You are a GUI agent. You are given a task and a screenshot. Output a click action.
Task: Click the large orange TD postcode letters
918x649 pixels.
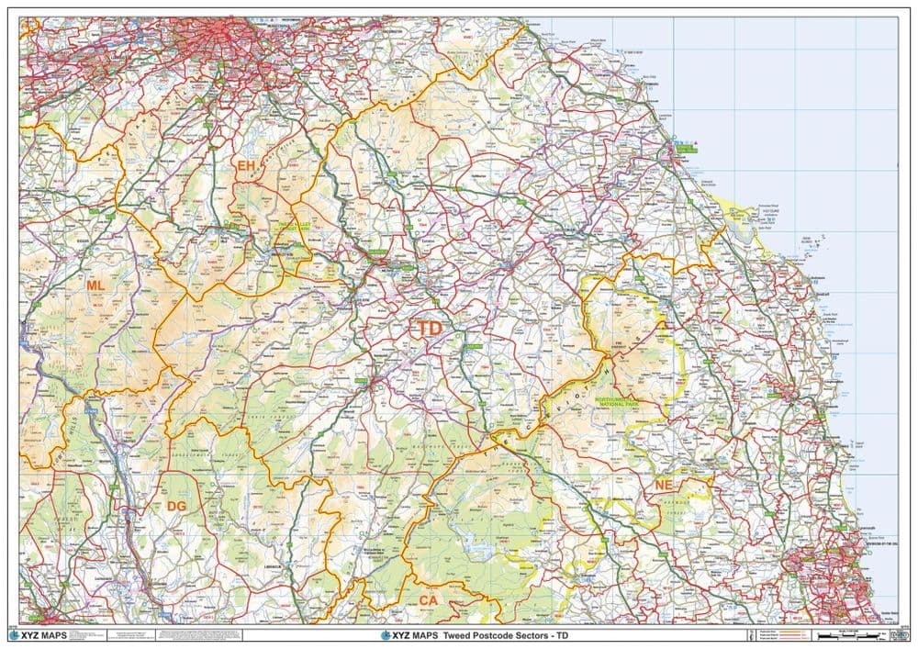(x=430, y=329)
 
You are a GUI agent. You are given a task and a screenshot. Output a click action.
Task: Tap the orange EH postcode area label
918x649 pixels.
(x=246, y=166)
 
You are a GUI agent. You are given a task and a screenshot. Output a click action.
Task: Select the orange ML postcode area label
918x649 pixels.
(x=95, y=285)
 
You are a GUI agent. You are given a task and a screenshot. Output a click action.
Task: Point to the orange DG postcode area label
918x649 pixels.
(x=176, y=506)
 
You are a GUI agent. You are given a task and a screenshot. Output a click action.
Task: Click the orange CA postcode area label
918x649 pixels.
(x=429, y=600)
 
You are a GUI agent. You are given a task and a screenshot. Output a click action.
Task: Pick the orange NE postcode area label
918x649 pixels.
(x=664, y=484)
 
